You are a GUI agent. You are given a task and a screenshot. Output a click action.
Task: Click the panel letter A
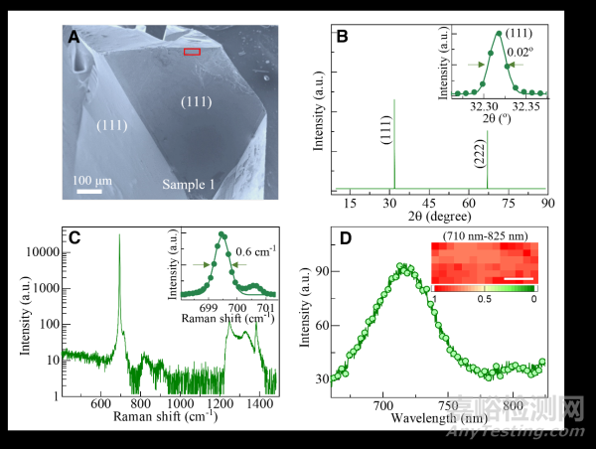click(74, 37)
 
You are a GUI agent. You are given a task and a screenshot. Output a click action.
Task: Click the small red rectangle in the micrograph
click(192, 51)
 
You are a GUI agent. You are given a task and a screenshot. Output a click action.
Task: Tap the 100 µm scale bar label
click(89, 180)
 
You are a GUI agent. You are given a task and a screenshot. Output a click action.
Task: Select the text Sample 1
click(194, 185)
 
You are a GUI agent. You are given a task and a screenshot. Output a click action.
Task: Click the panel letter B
click(343, 37)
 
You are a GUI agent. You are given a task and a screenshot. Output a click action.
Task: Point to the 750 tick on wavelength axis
click(449, 405)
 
